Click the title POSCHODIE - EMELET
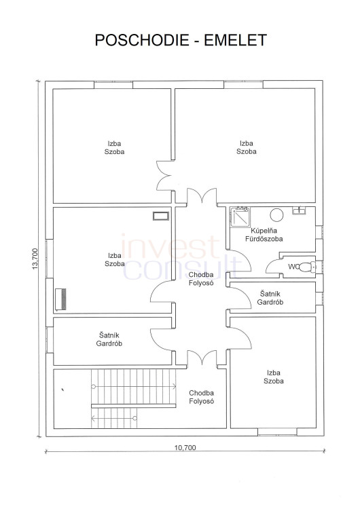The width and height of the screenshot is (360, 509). coord(181,40)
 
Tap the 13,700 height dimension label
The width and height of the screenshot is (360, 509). coord(35,259)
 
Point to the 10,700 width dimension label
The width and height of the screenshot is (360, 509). coord(185,448)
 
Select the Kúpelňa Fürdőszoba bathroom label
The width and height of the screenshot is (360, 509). coord(264,235)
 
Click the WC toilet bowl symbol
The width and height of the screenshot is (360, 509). coord(307,267)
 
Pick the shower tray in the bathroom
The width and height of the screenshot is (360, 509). coord(240,216)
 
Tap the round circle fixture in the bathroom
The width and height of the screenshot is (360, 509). coord(276,214)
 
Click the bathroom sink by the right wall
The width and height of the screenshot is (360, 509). coord(298,210)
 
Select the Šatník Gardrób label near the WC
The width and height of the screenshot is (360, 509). coord(270,298)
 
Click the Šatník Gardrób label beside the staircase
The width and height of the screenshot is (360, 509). coord(109,339)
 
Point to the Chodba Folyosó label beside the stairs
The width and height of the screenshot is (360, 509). coord(202,397)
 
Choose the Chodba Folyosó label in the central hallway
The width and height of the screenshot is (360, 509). coord(201,279)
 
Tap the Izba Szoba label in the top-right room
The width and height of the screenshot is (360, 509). coord(247,147)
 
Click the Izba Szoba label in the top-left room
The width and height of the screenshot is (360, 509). coord(114,148)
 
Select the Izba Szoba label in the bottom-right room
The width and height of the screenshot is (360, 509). coord(274,377)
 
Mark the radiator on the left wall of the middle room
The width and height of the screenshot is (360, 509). coord(60,299)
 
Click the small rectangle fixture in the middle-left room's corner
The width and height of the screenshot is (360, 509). coord(161,216)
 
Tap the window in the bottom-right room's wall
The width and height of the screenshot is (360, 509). coord(277,432)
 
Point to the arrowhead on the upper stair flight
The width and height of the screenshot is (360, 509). coord(174,386)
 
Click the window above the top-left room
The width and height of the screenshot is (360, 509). coord(113,84)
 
